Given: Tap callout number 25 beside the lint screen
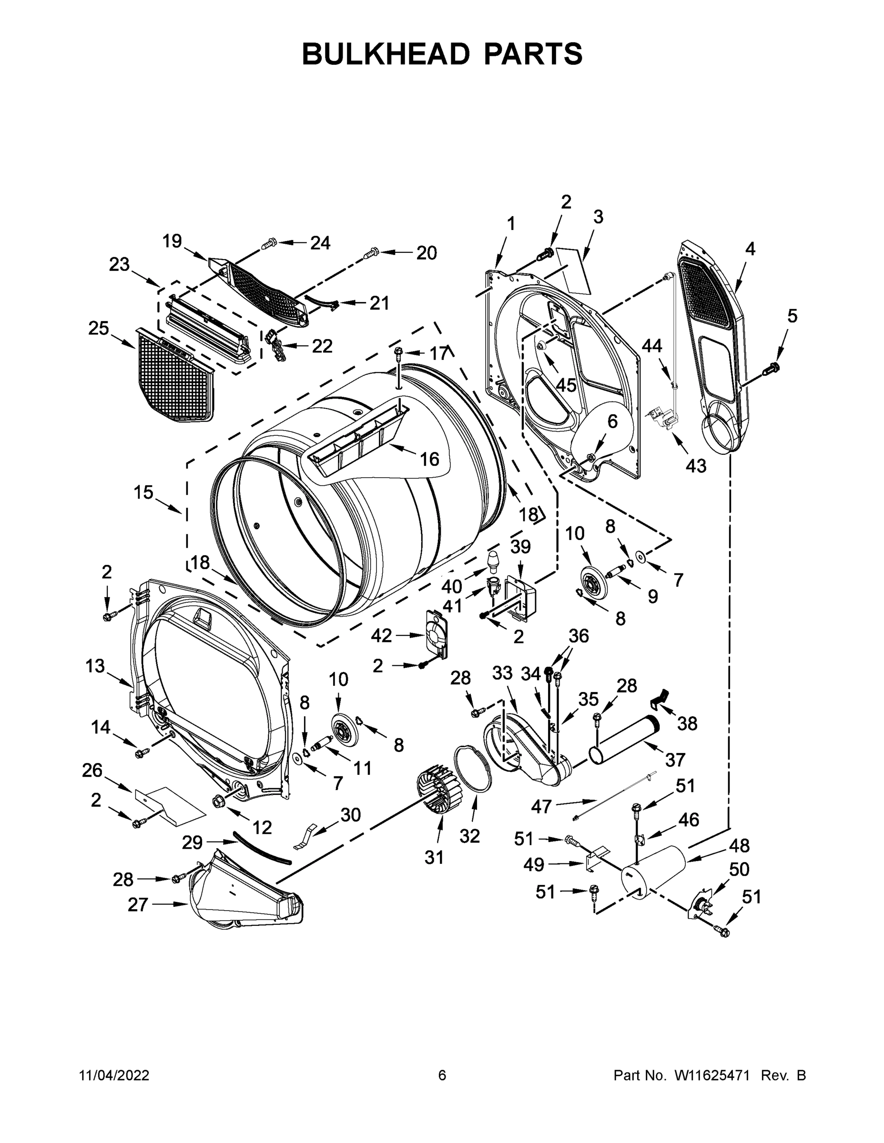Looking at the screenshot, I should tap(99, 329).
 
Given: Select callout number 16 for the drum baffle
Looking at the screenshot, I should tap(429, 459).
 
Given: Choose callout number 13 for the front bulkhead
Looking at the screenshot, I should tap(95, 666).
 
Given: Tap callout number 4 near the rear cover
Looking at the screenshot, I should tap(750, 249).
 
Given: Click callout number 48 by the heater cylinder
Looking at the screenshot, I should tap(739, 845).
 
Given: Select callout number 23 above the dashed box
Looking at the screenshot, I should tap(120, 265).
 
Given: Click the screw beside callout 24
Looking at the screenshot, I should tap(269, 243).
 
